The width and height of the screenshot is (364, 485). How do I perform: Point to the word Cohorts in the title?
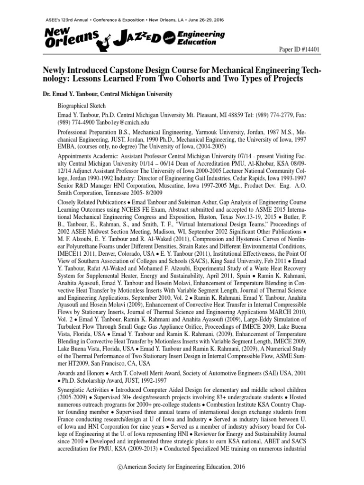click(x=211, y=80)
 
